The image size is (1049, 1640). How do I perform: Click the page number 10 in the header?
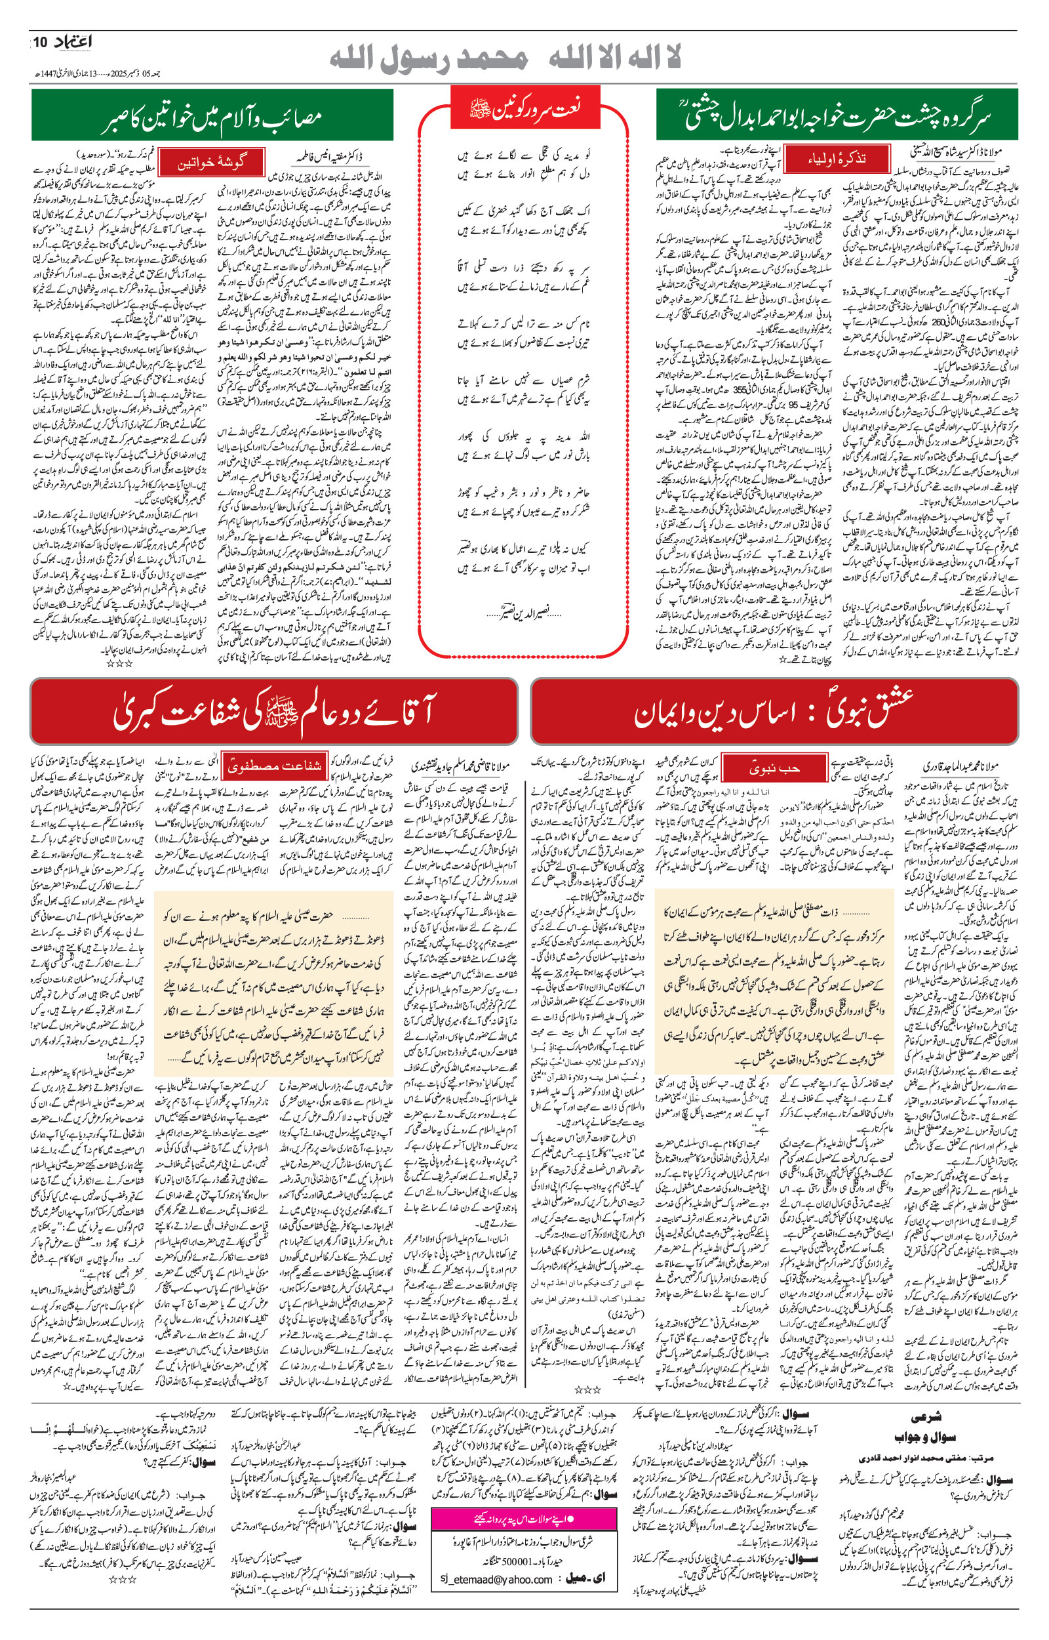(39, 43)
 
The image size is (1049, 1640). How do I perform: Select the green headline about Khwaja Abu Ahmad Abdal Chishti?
(837, 116)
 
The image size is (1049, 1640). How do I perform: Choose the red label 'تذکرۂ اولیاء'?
(837, 158)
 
